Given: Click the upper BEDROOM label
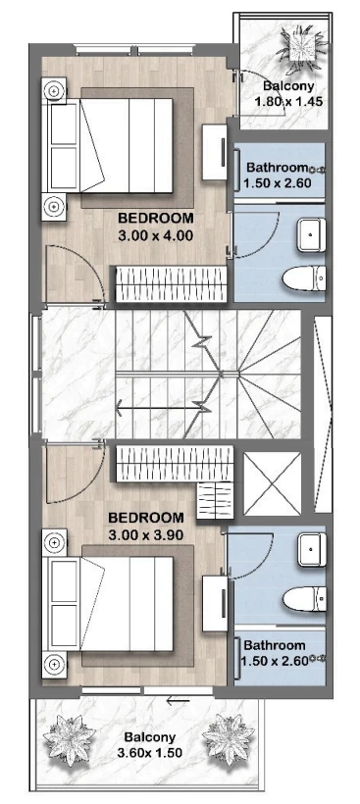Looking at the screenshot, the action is [x=156, y=218].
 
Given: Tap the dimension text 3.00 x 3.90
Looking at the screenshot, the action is [x=146, y=535].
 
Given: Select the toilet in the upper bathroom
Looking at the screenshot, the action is [x=304, y=278].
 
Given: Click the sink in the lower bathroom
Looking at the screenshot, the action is [x=312, y=549].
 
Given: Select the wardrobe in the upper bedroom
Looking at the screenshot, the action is [x=172, y=284].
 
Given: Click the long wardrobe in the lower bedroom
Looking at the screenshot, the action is [x=175, y=464].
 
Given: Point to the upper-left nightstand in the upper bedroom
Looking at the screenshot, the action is [x=54, y=91].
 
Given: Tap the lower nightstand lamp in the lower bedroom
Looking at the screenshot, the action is [x=54, y=665].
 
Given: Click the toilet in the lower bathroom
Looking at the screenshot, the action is [x=304, y=599].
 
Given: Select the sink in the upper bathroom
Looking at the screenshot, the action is [x=312, y=235].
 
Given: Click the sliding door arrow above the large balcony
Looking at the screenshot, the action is [x=178, y=700].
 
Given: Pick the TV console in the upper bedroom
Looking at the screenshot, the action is [x=215, y=152].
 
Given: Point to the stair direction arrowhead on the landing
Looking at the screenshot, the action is [x=120, y=409].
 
